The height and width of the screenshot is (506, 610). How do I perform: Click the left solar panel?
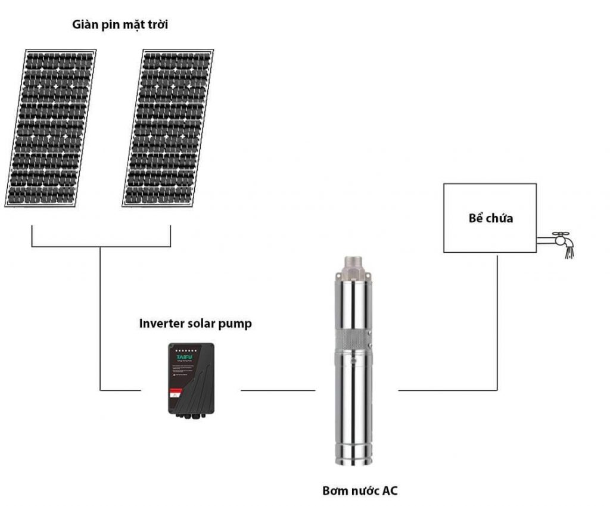51,128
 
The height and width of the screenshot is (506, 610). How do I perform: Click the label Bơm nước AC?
360,492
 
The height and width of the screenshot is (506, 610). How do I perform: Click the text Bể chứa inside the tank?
490,218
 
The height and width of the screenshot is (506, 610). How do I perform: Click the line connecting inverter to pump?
278,390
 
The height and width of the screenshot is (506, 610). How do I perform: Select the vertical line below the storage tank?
497,322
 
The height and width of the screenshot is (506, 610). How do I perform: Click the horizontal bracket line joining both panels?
101,246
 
